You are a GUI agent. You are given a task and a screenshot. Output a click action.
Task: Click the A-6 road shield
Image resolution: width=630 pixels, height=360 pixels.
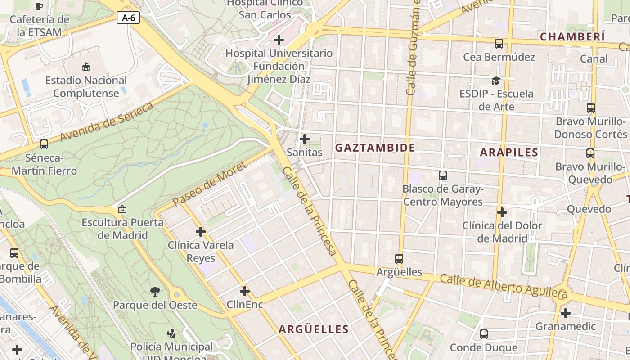click(x=129, y=18)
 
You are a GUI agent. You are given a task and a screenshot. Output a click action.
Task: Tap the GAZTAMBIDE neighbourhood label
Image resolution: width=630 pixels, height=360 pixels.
click(x=375, y=148)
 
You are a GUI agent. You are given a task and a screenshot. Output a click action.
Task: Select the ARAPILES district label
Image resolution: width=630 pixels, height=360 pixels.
click(x=509, y=153)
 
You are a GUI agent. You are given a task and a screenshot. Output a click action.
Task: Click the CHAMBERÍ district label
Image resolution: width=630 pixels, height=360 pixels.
click(x=572, y=37)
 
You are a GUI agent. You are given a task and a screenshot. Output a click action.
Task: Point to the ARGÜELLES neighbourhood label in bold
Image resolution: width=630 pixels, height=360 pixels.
click(x=314, y=329)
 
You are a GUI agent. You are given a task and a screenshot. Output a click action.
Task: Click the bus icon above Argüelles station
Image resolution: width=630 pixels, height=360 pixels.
click(x=399, y=259)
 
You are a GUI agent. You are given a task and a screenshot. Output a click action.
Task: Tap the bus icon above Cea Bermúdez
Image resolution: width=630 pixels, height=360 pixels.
click(x=499, y=44)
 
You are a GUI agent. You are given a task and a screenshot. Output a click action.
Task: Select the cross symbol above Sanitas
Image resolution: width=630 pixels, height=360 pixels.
click(x=305, y=139)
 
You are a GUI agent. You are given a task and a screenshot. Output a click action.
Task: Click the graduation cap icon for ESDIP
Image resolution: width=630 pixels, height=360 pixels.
click(x=496, y=81)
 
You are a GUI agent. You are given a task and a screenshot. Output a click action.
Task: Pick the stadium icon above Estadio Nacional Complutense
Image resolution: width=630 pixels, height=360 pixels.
click(x=85, y=67)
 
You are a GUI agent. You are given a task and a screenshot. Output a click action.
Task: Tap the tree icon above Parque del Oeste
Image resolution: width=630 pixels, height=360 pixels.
click(x=155, y=292)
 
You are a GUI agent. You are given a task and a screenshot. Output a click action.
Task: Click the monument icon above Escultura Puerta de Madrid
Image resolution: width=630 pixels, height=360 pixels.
click(x=122, y=209)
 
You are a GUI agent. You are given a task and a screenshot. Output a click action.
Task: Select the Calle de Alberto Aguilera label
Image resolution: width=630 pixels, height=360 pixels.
click(x=503, y=286)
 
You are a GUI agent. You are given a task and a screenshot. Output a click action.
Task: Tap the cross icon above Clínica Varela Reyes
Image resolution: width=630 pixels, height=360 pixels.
click(x=201, y=232)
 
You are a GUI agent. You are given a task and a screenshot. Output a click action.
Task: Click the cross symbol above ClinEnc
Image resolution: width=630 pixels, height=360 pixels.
click(x=245, y=291)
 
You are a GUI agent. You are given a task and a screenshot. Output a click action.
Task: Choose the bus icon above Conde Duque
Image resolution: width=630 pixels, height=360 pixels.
click(x=484, y=334)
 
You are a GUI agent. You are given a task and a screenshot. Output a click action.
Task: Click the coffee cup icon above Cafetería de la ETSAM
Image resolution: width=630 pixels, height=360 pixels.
click(x=39, y=6)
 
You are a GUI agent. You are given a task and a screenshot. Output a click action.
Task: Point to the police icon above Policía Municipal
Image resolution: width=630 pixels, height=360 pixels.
click(x=171, y=333)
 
